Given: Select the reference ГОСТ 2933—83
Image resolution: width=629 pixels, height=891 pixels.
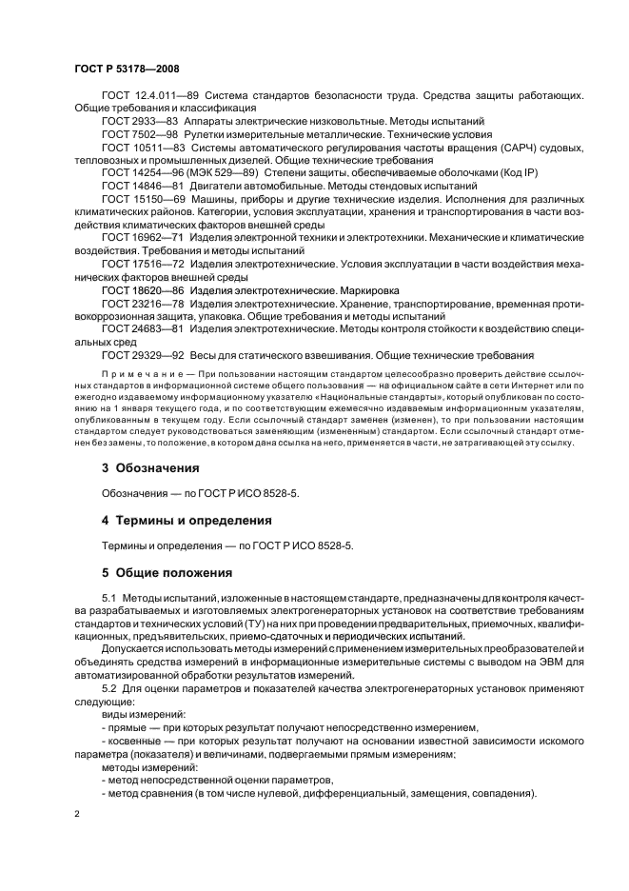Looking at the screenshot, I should coord(133,122).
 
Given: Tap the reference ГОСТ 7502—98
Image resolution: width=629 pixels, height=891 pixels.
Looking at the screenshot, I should coord(133,135).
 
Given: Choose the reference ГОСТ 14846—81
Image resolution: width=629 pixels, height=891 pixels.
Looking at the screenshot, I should coord(137,188).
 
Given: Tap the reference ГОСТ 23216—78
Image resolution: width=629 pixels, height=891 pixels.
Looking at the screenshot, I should coord(137,302).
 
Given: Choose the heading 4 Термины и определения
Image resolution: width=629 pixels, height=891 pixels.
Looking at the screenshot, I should coord(187,521).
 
